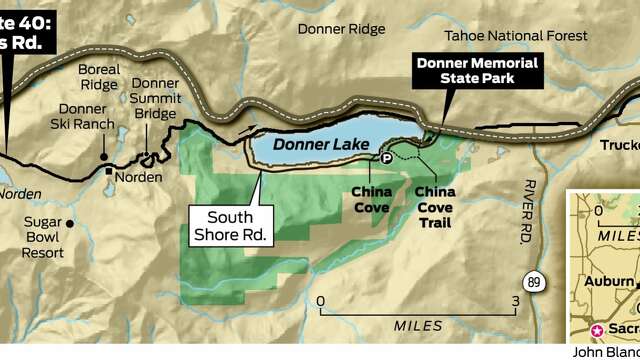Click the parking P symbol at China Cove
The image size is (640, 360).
point(387,157)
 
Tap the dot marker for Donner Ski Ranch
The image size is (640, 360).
point(104,156)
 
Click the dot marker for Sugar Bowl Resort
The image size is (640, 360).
point(70,223)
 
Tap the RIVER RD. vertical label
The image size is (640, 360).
point(523,211)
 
